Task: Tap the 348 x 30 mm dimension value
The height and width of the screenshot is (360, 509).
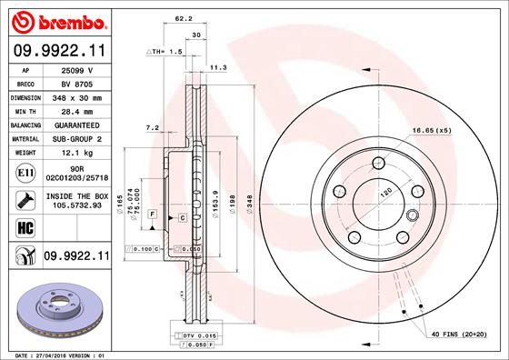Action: (75, 95)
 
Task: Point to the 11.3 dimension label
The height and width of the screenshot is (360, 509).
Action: (218, 67)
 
